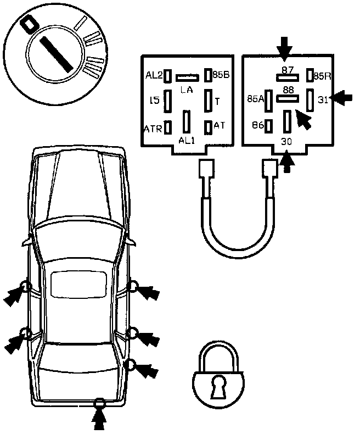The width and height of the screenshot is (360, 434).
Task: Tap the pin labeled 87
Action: [287, 77]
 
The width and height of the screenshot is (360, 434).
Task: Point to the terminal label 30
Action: [286, 141]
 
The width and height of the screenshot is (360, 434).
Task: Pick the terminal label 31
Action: [323, 99]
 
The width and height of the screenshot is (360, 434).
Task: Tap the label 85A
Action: [255, 99]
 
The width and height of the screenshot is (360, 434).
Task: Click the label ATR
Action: [153, 129]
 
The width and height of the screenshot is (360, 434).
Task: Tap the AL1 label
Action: [187, 140]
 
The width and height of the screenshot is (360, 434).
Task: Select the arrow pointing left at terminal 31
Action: [343, 98]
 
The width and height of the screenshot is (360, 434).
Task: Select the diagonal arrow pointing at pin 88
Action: [303, 118]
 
